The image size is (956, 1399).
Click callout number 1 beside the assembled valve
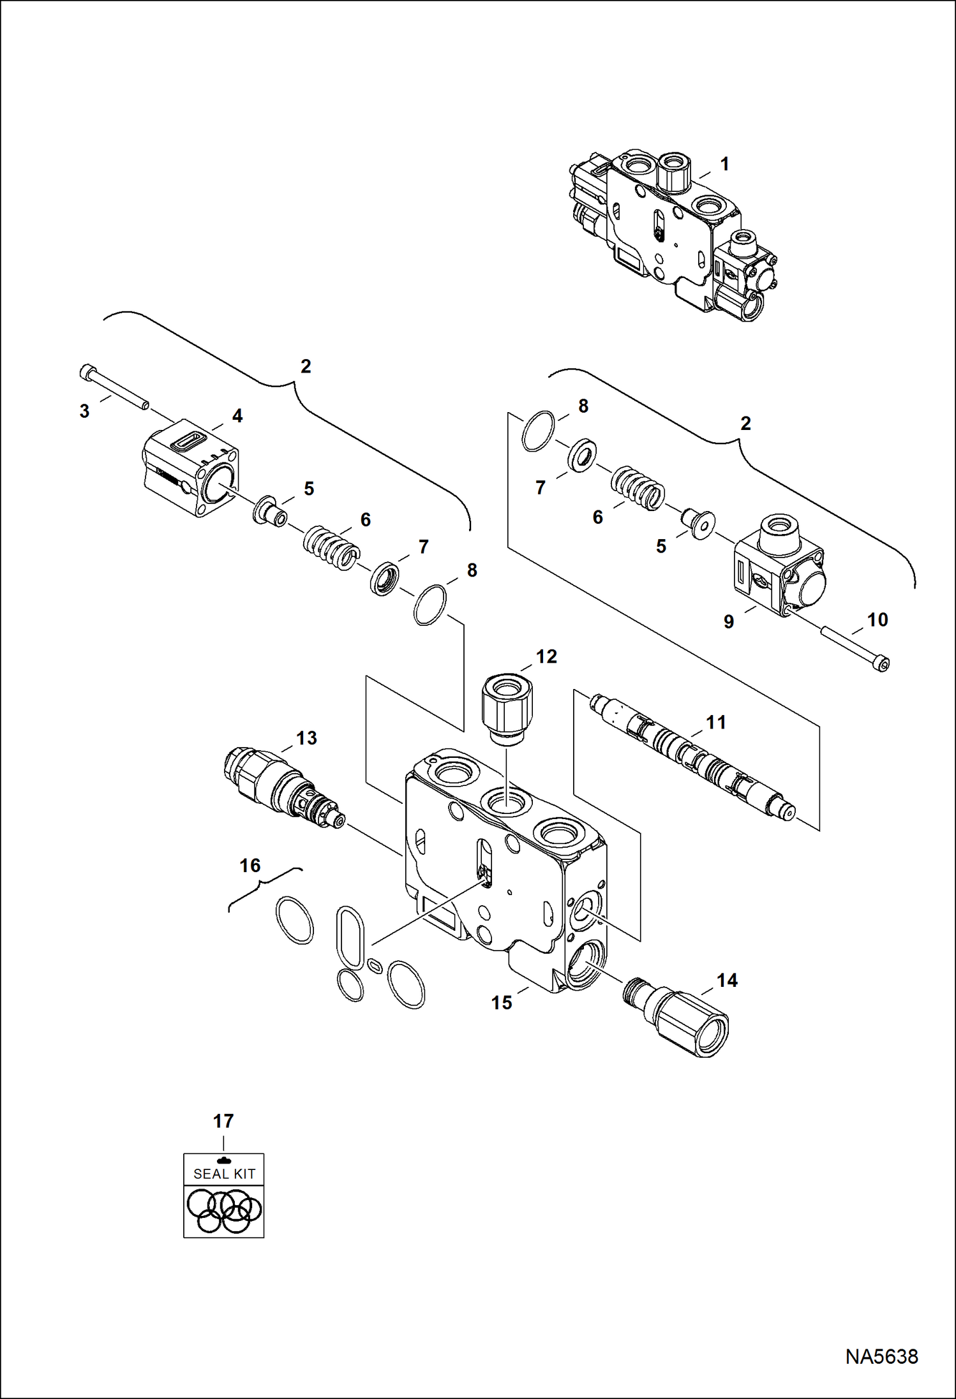724,165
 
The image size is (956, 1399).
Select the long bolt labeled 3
115,388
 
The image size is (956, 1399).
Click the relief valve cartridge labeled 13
281,788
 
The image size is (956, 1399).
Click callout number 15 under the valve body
502,1002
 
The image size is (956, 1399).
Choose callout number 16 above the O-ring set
250,866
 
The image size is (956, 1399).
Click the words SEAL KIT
224,1174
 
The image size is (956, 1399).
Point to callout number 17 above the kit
223,1120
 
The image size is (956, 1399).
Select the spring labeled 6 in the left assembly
328,547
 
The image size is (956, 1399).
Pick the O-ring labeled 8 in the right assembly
538,432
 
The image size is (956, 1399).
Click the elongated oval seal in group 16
349,935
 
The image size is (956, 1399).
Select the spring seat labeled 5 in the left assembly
270,512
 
